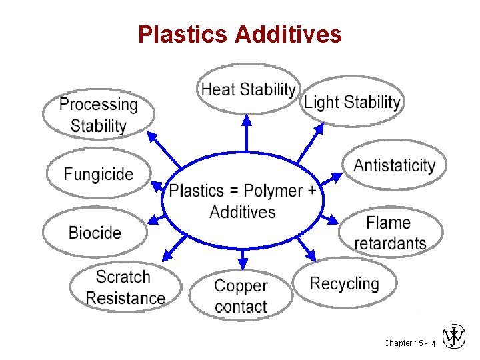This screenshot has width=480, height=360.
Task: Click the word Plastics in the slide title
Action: pyautogui.click(x=183, y=34)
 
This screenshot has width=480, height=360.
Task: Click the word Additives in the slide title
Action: pyautogui.click(x=288, y=34)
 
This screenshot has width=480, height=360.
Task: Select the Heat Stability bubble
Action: pyautogui.click(x=248, y=89)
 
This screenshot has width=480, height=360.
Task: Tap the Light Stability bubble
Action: pyautogui.click(x=352, y=102)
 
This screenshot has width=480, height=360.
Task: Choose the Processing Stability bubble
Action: pyautogui.click(x=99, y=115)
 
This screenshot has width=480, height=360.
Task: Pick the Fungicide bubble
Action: pyautogui.click(x=99, y=175)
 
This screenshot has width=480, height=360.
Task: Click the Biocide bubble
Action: pyautogui.click(x=95, y=233)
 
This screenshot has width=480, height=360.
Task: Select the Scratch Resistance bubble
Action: pyautogui.click(x=125, y=287)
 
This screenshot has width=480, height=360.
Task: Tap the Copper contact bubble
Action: pyautogui.click(x=241, y=296)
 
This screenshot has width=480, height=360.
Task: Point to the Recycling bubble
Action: pyautogui.click(x=344, y=283)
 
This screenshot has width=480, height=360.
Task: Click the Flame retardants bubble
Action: pyautogui.click(x=390, y=233)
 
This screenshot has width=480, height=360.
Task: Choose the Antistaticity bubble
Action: pyautogui.click(x=395, y=165)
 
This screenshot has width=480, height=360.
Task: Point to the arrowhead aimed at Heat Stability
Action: pyautogui.click(x=247, y=120)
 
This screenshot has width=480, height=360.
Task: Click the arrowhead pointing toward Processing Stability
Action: pyautogui.click(x=152, y=136)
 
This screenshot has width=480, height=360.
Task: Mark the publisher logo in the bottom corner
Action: pyautogui.click(x=454, y=337)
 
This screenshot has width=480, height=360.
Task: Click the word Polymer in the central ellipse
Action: pyautogui.click(x=273, y=191)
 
